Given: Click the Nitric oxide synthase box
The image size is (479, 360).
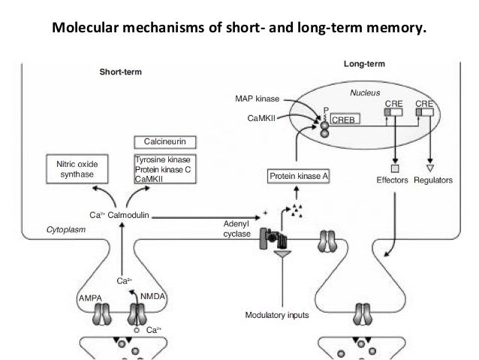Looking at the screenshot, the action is (x=77, y=169).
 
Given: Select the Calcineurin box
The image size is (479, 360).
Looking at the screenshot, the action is (x=165, y=142).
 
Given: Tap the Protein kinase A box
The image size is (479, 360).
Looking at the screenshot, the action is (x=298, y=176).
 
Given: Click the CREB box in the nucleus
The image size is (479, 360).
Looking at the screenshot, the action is (x=345, y=119).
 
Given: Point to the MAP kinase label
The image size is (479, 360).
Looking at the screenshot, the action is (x=258, y=98).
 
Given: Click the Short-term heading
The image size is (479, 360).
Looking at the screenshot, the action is (x=121, y=72).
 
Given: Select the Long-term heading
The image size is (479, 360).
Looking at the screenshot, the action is (x=364, y=64).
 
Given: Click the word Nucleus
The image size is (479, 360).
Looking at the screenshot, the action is (x=365, y=92).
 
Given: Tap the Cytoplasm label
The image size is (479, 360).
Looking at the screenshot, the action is (x=66, y=229).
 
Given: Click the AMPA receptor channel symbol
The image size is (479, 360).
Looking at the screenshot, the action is (x=101, y=314).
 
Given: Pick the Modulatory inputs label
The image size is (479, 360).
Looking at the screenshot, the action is (x=277, y=315).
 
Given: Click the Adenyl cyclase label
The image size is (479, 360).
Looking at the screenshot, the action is (x=236, y=228).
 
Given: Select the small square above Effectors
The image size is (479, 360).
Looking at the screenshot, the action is (x=395, y=168).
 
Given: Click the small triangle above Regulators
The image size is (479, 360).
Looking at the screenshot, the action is (x=430, y=168).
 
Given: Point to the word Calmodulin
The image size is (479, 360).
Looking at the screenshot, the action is (x=128, y=215).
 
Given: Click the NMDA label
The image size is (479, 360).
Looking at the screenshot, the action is (x=152, y=296).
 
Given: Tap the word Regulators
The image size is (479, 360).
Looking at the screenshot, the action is (x=433, y=180).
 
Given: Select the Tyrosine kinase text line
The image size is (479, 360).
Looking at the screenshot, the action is (x=162, y=159).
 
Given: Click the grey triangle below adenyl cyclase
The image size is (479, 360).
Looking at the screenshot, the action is (x=282, y=254).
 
